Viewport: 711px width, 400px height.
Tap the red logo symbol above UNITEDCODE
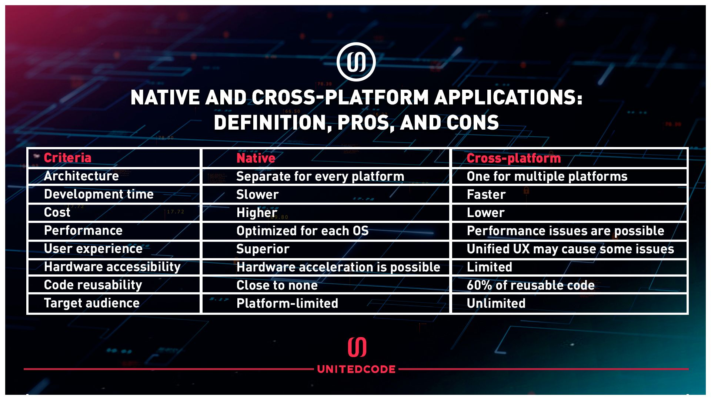click(357, 347)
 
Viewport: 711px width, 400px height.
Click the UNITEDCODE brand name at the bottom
click(356, 369)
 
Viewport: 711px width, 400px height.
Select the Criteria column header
click(67, 158)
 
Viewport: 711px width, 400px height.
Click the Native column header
click(256, 158)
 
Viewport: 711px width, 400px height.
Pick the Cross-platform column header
click(514, 158)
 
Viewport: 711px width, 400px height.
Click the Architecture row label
click(81, 176)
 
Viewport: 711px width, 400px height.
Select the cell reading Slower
click(257, 194)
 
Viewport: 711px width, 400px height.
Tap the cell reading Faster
click(486, 194)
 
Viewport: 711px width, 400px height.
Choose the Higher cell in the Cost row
click(257, 213)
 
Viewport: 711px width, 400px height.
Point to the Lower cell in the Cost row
click(486, 213)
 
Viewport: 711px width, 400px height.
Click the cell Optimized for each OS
click(303, 231)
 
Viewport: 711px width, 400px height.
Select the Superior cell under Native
click(263, 249)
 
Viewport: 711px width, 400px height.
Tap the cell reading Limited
click(490, 267)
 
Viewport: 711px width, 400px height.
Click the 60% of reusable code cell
click(531, 285)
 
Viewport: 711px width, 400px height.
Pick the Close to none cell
click(277, 285)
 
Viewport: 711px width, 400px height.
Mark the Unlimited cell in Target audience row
click(496, 303)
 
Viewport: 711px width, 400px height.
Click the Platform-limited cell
click(287, 303)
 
